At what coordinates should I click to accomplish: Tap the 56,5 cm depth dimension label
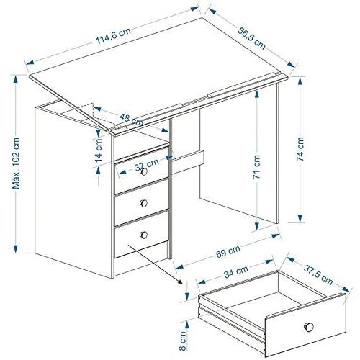tap(252, 38)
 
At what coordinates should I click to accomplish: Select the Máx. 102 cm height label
tap(16, 163)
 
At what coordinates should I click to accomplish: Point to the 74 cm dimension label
tap(300, 149)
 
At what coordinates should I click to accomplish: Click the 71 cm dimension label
tap(256, 167)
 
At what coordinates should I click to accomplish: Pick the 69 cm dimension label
tap(228, 251)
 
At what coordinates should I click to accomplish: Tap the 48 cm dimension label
tap(131, 120)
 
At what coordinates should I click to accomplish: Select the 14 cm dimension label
tap(99, 150)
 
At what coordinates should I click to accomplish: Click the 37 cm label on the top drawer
tap(146, 164)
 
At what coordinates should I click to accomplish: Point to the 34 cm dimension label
tap(236, 271)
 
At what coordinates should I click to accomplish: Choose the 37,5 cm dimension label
tap(318, 275)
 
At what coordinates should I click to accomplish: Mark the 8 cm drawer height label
tap(182, 341)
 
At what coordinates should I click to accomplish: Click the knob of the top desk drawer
tap(143, 171)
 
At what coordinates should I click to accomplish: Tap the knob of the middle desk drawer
tap(143, 203)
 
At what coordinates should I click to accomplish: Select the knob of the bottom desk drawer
tap(143, 235)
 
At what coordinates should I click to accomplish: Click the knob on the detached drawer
tap(309, 327)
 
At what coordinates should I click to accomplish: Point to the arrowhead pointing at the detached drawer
tap(181, 282)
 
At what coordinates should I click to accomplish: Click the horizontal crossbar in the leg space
tap(188, 162)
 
